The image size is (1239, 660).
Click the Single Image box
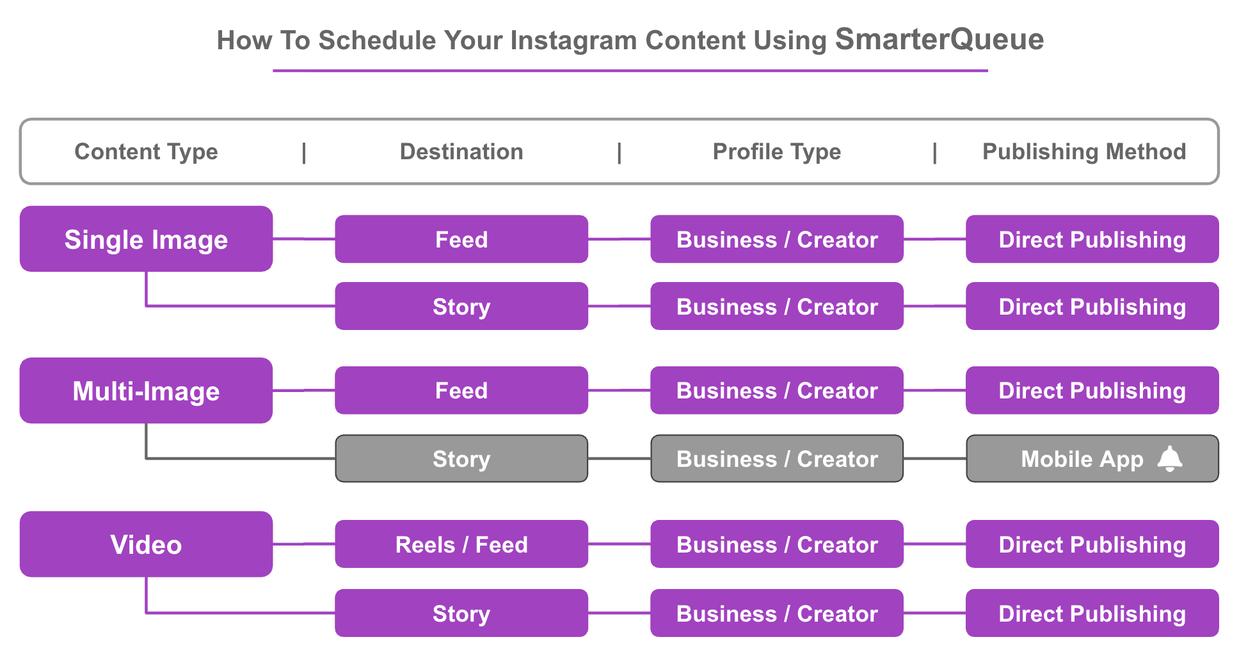click(x=146, y=239)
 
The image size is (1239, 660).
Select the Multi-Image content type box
click(x=146, y=390)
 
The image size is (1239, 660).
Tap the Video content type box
click(x=146, y=544)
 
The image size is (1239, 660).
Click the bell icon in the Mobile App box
click(x=1170, y=459)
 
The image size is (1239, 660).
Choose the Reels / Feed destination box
click(x=461, y=544)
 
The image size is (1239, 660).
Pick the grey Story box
click(x=461, y=459)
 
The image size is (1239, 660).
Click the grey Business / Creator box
click(x=777, y=459)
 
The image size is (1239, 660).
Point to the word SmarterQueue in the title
click(x=939, y=39)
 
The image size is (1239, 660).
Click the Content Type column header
click(x=146, y=152)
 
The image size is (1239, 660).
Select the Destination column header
click(x=461, y=152)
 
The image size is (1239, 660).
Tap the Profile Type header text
click(x=777, y=152)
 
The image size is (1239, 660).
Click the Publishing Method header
click(x=1084, y=152)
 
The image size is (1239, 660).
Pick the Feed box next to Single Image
click(x=461, y=239)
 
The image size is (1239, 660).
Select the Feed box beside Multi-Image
click(x=461, y=390)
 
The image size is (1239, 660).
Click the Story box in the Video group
click(x=461, y=613)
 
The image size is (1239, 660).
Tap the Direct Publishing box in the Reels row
click(x=1092, y=544)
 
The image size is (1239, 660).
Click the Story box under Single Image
click(x=461, y=306)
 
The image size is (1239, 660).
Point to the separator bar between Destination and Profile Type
click(x=619, y=153)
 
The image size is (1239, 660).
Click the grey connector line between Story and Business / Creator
click(x=619, y=459)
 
